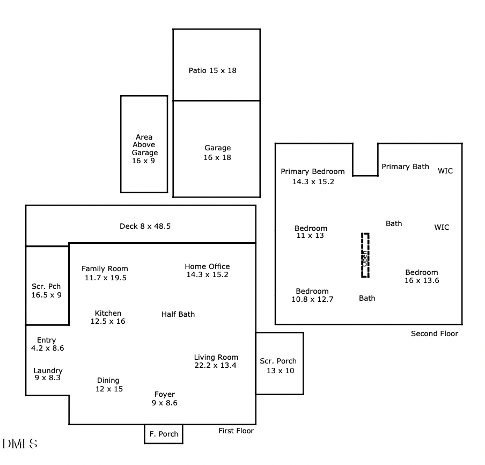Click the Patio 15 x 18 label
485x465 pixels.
pyautogui.click(x=212, y=70)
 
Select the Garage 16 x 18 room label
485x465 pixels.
pyautogui.click(x=217, y=152)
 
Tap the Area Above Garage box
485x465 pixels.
pyautogui.click(x=144, y=144)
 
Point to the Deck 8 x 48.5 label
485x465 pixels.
pyautogui.click(x=145, y=226)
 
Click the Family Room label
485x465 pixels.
pyautogui.click(x=105, y=273)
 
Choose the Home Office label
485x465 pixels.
pyautogui.click(x=207, y=270)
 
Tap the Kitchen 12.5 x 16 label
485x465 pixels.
pyautogui.click(x=108, y=317)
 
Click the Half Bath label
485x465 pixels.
pyautogui.click(x=178, y=314)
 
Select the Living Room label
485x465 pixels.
pyautogui.click(x=216, y=361)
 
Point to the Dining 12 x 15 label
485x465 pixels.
pyautogui.click(x=108, y=384)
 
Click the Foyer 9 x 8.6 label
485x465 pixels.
pyautogui.click(x=164, y=398)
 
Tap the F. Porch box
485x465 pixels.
pyautogui.click(x=164, y=434)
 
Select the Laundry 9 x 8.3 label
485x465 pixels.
pyautogui.click(x=48, y=374)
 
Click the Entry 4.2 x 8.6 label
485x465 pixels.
pyautogui.click(x=47, y=344)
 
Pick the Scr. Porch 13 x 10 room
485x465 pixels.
pyautogui.click(x=279, y=364)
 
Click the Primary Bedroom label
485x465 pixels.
pyautogui.click(x=313, y=176)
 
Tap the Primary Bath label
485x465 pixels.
pyautogui.click(x=405, y=166)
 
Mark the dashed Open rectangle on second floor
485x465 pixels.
pyautogui.click(x=365, y=256)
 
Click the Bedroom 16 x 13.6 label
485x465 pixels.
pyautogui.click(x=422, y=276)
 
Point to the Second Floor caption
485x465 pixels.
pyautogui.click(x=435, y=333)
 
